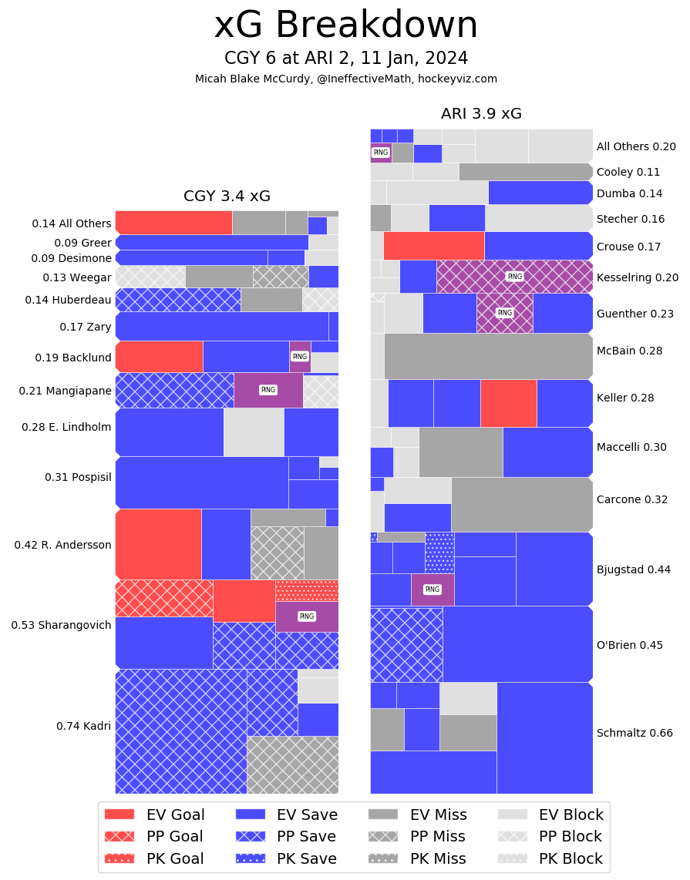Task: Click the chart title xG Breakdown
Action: (345, 25)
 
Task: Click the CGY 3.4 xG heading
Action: (227, 196)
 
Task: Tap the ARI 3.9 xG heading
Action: (481, 113)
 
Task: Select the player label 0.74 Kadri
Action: (83, 726)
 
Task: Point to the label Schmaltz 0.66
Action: (634, 733)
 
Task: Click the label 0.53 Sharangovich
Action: (61, 625)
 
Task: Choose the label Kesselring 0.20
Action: (638, 277)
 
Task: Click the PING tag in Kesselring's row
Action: (514, 276)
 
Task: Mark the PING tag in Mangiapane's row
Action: (268, 390)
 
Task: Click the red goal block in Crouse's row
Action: (433, 246)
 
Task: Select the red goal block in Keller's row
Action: (508, 403)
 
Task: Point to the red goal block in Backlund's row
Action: (159, 357)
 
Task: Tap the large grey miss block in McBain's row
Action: (488, 356)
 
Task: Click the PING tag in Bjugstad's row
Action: (433, 589)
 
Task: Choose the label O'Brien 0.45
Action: (630, 645)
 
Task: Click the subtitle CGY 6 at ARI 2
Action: (345, 59)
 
